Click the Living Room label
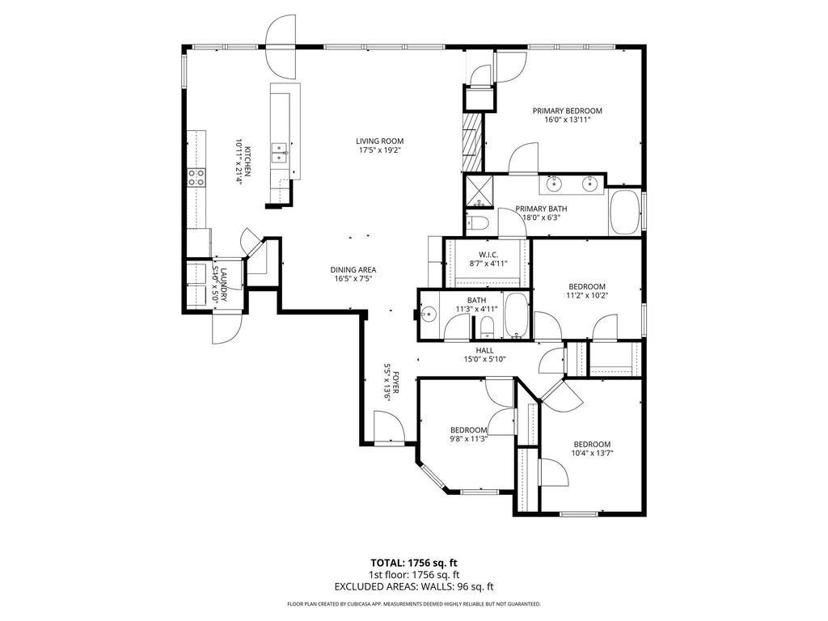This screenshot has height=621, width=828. coord(379,141)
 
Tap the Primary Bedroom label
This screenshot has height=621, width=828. coord(567,111)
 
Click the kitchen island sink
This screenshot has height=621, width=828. coord(278,152)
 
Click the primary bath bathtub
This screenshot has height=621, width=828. coord(625,213)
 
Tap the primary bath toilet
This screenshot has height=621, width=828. coord(477,223)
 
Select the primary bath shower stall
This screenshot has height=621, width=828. coord(479,191)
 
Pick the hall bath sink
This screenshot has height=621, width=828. coord(429,315)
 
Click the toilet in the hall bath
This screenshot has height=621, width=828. coord(487,327)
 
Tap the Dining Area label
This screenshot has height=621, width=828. coord(353,270)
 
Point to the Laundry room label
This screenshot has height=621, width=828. coord(223,285)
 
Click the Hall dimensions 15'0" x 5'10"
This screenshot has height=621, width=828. coord(484,360)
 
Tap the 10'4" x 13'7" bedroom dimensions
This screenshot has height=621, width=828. coord(592,453)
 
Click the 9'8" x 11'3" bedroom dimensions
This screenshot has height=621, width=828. coord(468,437)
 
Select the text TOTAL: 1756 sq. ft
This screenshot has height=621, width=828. coord(414,563)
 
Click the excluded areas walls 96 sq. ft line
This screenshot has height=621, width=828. coord(414,586)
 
